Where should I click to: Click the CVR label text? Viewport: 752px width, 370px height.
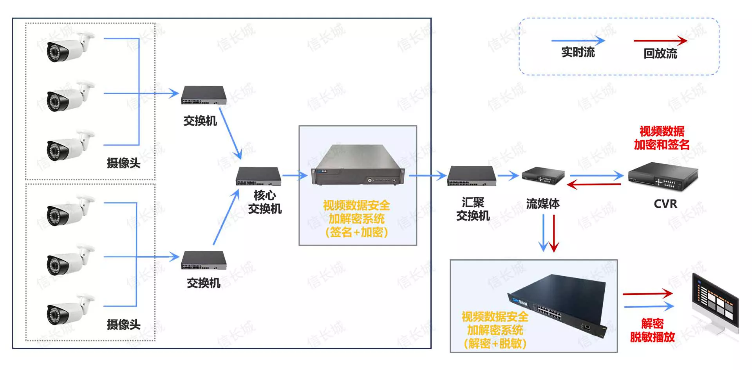[x=665, y=204]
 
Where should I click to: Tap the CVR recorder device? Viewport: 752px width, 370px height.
[x=663, y=176]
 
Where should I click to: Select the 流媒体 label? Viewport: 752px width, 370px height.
[x=542, y=204]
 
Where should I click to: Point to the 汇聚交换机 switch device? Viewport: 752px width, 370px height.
[x=472, y=176]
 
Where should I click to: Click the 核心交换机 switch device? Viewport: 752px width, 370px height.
[x=258, y=176]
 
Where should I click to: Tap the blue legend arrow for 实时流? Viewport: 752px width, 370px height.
[x=578, y=40]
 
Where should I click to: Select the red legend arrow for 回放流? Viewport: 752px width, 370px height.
[x=660, y=40]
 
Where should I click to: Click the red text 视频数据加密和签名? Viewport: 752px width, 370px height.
[x=662, y=138]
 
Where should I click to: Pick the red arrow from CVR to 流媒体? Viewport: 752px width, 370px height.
[x=594, y=184]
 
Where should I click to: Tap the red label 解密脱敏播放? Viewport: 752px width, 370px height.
[x=652, y=330]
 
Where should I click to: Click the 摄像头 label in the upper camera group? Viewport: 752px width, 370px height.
[x=123, y=163]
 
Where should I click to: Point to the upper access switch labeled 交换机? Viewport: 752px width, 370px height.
[x=204, y=95]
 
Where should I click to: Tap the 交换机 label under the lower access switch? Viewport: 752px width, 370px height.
[x=203, y=283]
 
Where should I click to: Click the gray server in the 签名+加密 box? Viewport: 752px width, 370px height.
[x=358, y=165]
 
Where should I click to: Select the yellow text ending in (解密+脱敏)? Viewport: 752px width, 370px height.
[x=495, y=330]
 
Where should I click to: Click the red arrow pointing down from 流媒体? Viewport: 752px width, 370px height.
[x=554, y=233]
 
